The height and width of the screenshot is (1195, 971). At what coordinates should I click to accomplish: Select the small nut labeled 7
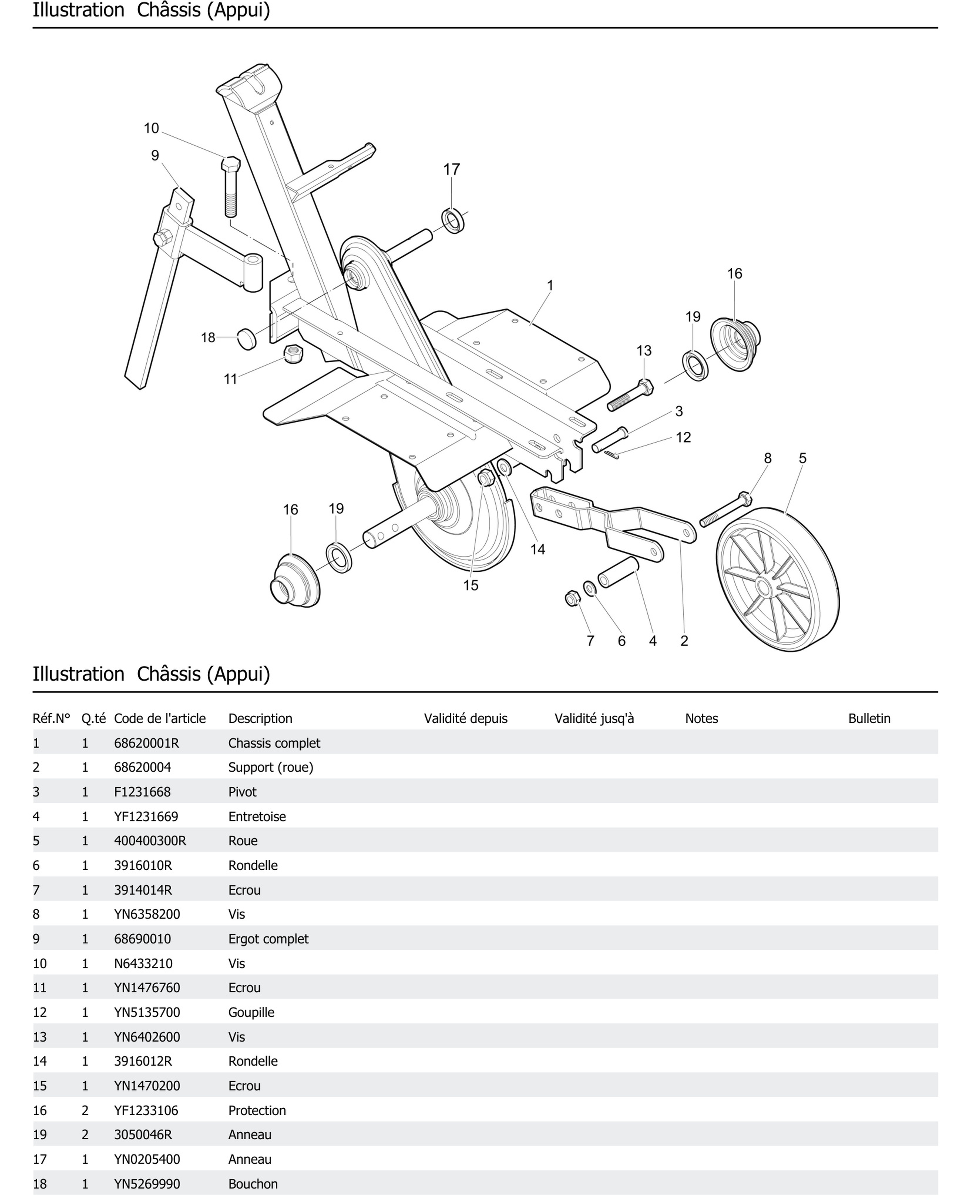[x=572, y=598]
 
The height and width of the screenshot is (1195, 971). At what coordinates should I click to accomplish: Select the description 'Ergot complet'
[x=268, y=939]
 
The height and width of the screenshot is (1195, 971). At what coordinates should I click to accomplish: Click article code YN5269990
[x=147, y=1184]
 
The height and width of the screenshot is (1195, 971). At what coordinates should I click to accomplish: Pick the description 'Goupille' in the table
[x=251, y=1012]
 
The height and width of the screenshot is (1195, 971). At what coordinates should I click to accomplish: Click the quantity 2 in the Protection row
[x=85, y=1110]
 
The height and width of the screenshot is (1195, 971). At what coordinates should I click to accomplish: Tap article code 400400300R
[x=150, y=841]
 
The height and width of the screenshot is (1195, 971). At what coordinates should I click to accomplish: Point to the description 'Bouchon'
[x=253, y=1184]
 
